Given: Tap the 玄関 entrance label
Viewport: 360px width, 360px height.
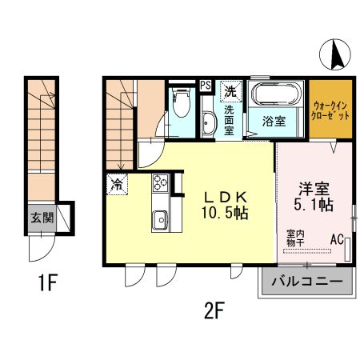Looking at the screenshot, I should tap(42, 217).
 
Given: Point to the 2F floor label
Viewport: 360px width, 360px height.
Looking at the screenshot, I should tap(214, 308).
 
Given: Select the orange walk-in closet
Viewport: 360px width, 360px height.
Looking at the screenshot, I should tap(330, 109).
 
